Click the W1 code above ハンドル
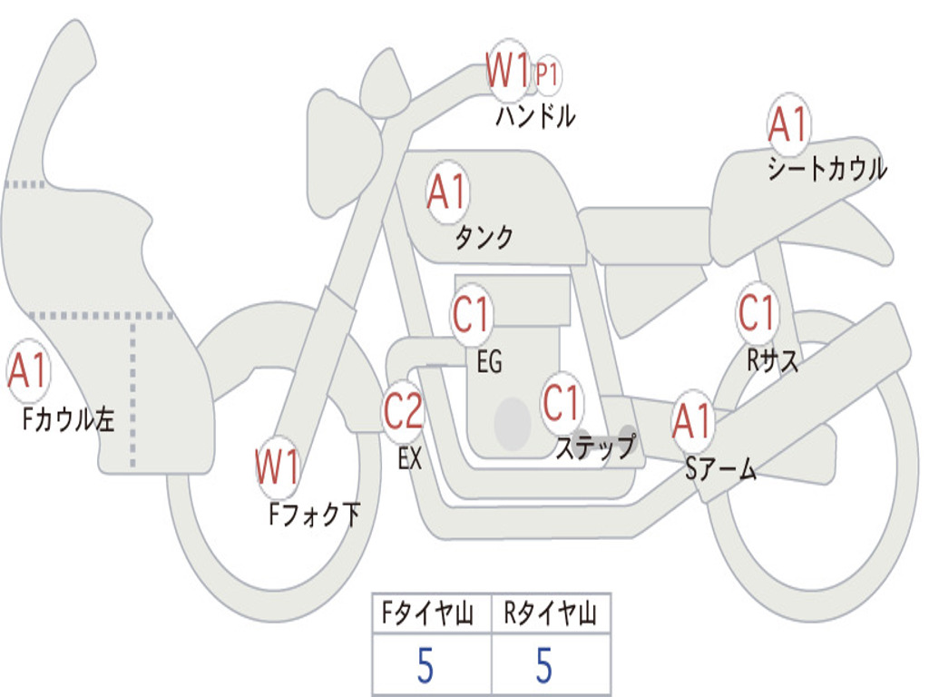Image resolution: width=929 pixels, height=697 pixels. click(x=508, y=71)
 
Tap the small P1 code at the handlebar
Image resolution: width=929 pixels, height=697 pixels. click(x=546, y=74)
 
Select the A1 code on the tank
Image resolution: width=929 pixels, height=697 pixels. click(x=446, y=191)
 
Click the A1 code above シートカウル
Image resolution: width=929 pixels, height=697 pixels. click(x=787, y=125)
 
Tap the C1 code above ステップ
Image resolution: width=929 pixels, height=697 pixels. click(x=562, y=402)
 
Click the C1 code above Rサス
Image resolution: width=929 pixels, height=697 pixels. click(x=757, y=313)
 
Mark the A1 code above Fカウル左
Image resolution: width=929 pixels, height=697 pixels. click(x=28, y=373)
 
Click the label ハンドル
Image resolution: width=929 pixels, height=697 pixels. click(x=535, y=116)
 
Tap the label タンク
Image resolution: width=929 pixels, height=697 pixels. click(x=484, y=238)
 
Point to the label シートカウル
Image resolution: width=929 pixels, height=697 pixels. click(x=826, y=170)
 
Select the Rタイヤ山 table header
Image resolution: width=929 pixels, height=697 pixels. click(x=551, y=614)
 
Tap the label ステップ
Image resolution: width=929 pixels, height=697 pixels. click(x=594, y=447)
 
